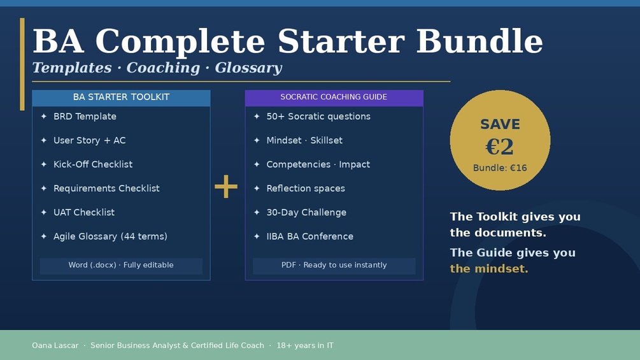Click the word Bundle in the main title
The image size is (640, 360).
pyautogui.click(x=480, y=41)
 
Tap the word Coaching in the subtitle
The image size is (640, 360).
pyautogui.click(x=163, y=68)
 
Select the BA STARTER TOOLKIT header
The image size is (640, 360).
pyautogui.click(x=121, y=97)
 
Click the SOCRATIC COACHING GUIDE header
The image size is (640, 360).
pyautogui.click(x=334, y=97)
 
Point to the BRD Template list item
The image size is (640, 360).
pyautogui.click(x=85, y=117)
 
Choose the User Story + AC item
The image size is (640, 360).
pyautogui.click(x=89, y=140)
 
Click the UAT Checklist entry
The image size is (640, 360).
pyautogui.click(x=84, y=212)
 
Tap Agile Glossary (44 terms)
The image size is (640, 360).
pyautogui.click(x=110, y=236)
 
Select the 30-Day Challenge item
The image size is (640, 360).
pyautogui.click(x=306, y=212)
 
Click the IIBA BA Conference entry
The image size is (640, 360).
pyautogui.click(x=309, y=236)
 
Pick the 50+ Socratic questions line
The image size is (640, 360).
pyautogui.click(x=318, y=117)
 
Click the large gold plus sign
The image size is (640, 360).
pyautogui.click(x=225, y=187)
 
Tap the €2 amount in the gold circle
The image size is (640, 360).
pyautogui.click(x=500, y=147)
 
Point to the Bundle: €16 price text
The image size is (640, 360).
pyautogui.click(x=500, y=168)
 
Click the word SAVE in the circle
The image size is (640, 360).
pyautogui.click(x=500, y=124)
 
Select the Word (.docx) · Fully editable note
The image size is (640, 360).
pyautogui.click(x=121, y=265)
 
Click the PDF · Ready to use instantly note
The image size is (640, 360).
pyautogui.click(x=334, y=265)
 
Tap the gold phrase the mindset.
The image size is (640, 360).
pyautogui.click(x=489, y=269)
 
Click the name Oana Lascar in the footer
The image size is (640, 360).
pyautogui.click(x=55, y=345)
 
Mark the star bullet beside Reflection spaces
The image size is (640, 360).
pyautogui.click(x=257, y=188)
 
